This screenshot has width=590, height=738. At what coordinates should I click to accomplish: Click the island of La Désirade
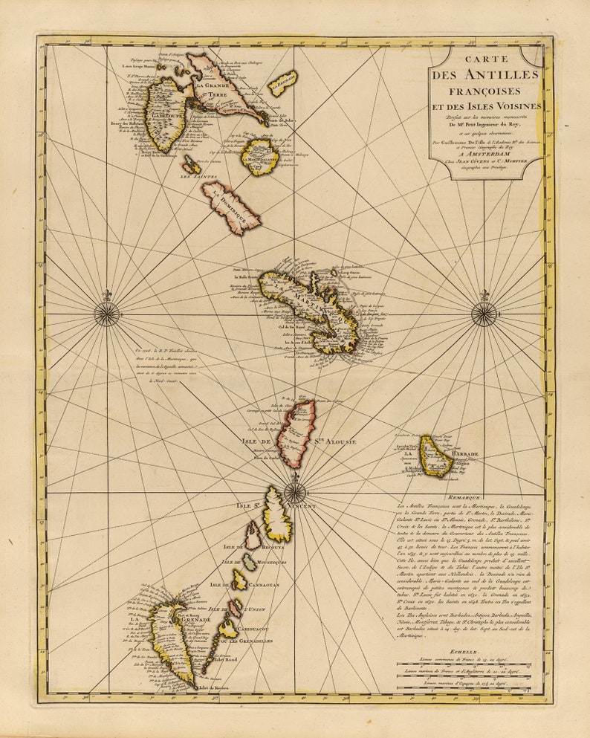point(282,83)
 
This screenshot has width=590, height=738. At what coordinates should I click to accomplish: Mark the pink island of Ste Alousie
point(296,433)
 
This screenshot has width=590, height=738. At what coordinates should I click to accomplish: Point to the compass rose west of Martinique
point(107,314)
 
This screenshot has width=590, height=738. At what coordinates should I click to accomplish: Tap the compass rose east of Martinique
point(484,314)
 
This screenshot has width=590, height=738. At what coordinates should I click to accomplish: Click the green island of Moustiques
point(249,561)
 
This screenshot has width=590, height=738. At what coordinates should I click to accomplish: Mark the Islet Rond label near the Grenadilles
point(225,659)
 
